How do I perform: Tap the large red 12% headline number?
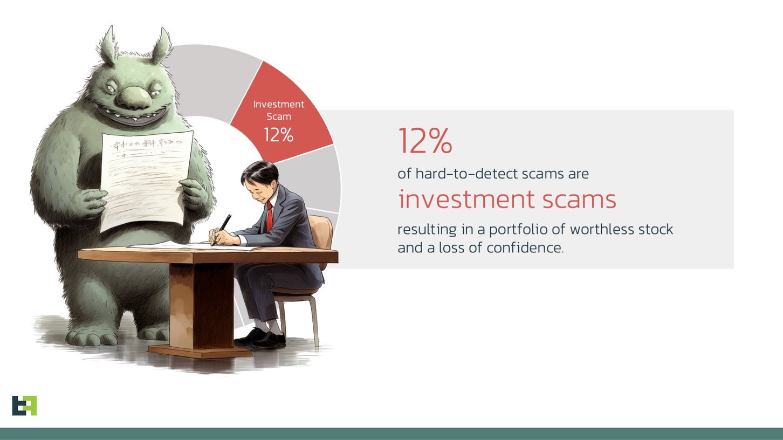click(x=425, y=141)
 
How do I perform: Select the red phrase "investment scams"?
click(x=507, y=200)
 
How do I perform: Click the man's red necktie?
click(x=269, y=216)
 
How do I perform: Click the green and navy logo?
click(x=24, y=405)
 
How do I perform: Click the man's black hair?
click(x=259, y=173)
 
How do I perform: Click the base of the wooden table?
click(x=200, y=350)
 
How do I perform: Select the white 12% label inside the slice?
click(x=279, y=135)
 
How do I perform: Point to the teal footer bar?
click(x=391, y=434)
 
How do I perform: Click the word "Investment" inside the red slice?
click(x=279, y=104)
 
